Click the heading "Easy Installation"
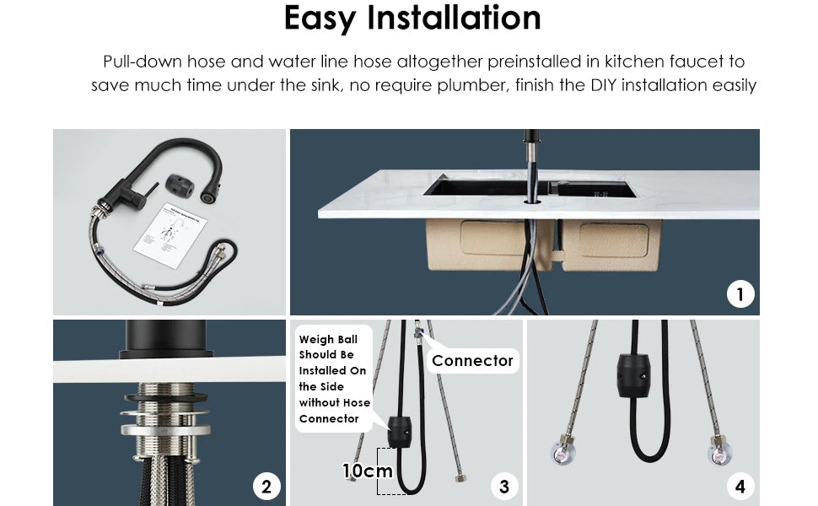click(x=412, y=19)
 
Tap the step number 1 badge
click(x=740, y=293)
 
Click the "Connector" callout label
click(x=472, y=361)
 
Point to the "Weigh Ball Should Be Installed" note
click(x=333, y=379)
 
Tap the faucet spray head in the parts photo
click(x=206, y=196)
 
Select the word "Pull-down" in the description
click(x=135, y=62)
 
